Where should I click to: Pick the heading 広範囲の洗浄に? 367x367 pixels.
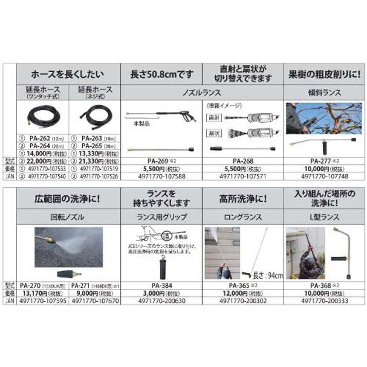(68, 201)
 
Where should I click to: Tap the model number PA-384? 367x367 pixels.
(162, 286)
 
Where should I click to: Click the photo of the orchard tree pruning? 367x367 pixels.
(325, 118)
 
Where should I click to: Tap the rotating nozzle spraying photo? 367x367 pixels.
(69, 246)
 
